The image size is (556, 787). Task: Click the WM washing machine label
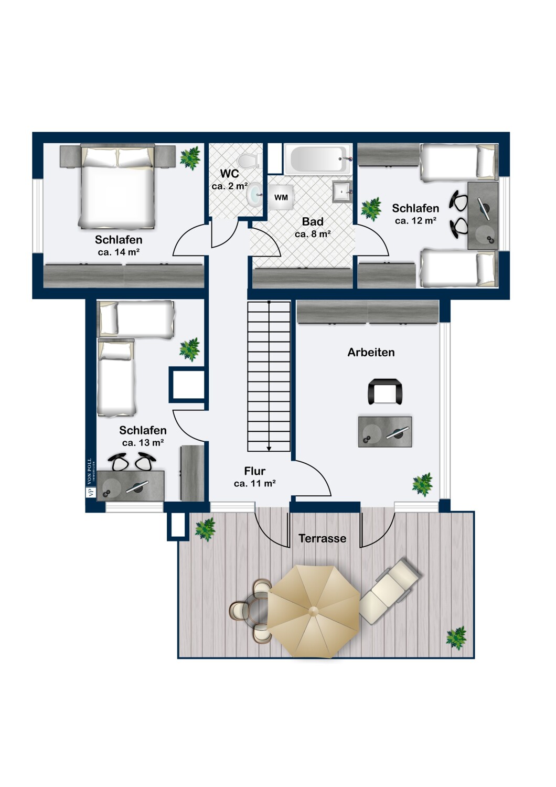[x=281, y=197]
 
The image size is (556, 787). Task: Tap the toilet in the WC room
[x=248, y=161]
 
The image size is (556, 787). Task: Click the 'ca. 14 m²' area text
[x=119, y=252]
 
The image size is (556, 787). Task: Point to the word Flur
[x=254, y=471]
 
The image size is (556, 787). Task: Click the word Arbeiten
[x=371, y=353]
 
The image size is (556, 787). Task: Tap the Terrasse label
[x=322, y=538]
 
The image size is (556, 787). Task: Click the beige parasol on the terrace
[x=314, y=611]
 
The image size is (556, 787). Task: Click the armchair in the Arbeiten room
[x=385, y=391]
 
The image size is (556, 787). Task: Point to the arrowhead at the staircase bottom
[x=269, y=448]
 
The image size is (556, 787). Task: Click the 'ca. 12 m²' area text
[x=415, y=221]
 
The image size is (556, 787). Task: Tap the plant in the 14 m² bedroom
[x=190, y=158]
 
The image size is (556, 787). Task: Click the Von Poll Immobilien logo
[x=89, y=477]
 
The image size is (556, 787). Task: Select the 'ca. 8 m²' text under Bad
[x=313, y=234]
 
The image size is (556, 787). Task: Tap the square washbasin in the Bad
[x=342, y=192]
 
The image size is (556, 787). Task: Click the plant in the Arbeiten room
[x=422, y=484]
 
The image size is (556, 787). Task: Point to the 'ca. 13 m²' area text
[x=143, y=443]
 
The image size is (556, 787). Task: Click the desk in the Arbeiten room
[x=385, y=432]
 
